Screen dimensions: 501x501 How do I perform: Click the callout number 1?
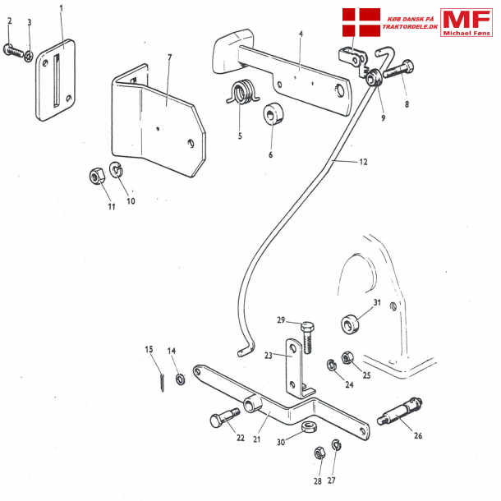pos(62,8)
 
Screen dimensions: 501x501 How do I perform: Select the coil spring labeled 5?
pos(241,93)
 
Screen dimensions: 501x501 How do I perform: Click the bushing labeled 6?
pos(272,117)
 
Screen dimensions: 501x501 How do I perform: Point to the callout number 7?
pos(169,57)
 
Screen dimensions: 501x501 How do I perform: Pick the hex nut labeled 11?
pos(94,176)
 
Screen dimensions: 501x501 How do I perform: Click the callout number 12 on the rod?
pos(362,163)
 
